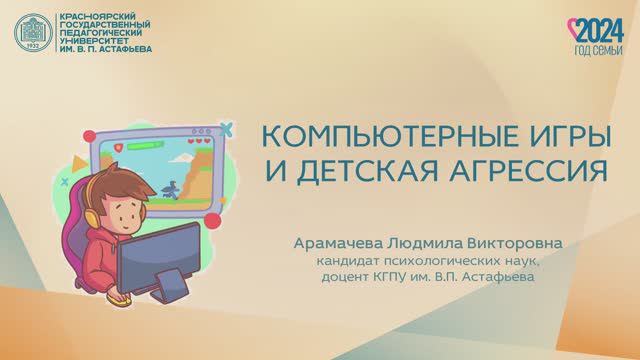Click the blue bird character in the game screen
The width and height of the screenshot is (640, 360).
176,187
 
